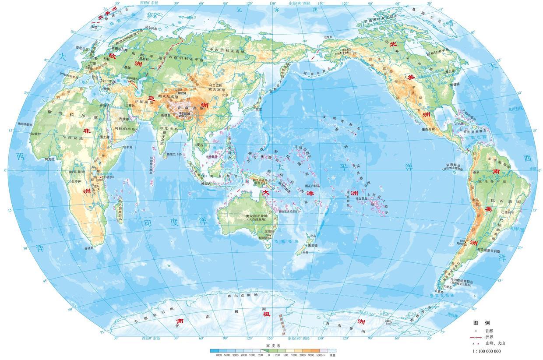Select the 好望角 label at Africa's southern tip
[89, 248]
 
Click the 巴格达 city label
[131, 105]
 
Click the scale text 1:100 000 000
[486, 351]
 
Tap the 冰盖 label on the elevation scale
[332, 355]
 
